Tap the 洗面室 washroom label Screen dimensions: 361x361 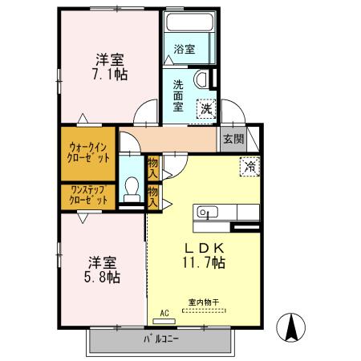pos(180,95)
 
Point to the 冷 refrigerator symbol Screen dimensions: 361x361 pos(251,168)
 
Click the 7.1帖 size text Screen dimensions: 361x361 pos(110,75)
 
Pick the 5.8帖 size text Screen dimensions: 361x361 pos(103,278)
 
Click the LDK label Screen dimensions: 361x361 pos(205,247)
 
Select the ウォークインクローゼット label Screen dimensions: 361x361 pos(89,152)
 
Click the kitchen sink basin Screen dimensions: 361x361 pos(206,213)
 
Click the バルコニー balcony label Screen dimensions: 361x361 pos(161,339)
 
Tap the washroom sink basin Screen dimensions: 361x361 pos(209,78)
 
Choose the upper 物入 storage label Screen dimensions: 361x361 pos(152,167)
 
